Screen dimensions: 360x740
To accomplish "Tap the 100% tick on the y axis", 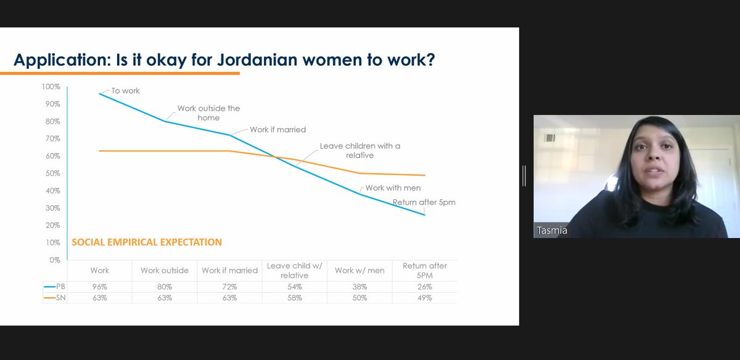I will (x=51, y=87).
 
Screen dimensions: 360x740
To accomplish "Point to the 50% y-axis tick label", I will (x=52, y=173).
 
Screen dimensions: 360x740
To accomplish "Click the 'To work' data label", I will (x=126, y=91).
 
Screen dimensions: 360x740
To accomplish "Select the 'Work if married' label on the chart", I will (x=278, y=130).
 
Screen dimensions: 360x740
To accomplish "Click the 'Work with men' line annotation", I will (x=393, y=187).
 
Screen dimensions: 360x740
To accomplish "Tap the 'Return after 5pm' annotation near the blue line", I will (x=424, y=202).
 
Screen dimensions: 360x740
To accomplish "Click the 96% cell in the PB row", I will (x=99, y=287).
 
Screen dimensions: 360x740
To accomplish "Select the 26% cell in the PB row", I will (x=425, y=287).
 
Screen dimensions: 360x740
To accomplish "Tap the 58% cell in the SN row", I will (x=295, y=298).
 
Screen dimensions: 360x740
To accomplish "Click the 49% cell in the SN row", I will (x=425, y=298).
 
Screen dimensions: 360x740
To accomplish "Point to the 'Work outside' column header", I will (x=164, y=271).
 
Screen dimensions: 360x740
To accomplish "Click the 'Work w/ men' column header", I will (x=360, y=271).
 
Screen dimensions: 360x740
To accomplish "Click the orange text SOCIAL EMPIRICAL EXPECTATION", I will (x=147, y=242).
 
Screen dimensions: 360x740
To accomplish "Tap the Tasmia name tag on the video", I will (x=552, y=231).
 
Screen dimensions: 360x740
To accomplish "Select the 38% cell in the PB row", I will (x=360, y=287).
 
